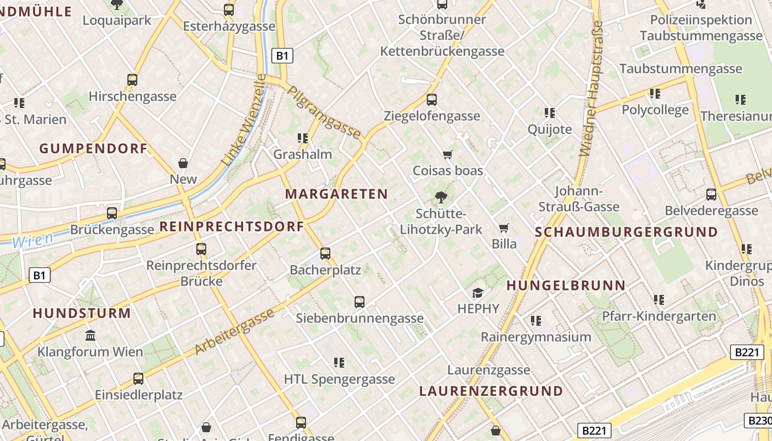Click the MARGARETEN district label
pos(336,194)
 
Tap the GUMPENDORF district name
pos(93,148)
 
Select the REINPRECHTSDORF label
pos(232,227)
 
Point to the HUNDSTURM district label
pos(82,313)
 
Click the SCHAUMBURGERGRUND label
pos(626,232)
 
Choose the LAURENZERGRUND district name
pos(491,391)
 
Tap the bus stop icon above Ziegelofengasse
pos(432,100)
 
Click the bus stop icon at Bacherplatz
pos(325,254)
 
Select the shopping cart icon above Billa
pos(503,228)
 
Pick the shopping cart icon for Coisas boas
pos(448,155)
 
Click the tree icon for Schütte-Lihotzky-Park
pos(441,197)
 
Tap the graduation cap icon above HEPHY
pos(478,293)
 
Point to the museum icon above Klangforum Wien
pos(90,335)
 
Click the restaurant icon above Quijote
pos(549,113)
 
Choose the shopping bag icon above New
pos(183,163)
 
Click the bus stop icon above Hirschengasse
pos(132,80)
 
